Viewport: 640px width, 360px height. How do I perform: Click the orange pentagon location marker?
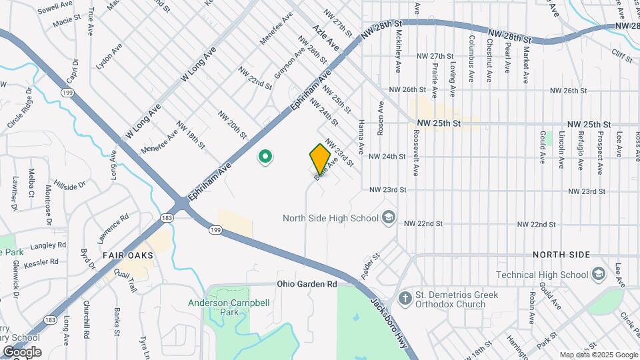click(320, 158)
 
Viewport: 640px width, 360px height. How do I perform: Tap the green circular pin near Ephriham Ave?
click(265, 157)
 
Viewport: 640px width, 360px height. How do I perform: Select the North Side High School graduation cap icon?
click(389, 217)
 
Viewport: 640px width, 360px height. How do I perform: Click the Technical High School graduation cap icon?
click(598, 275)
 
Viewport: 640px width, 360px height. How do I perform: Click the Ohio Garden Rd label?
click(307, 284)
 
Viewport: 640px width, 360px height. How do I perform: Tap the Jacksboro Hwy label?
click(381, 313)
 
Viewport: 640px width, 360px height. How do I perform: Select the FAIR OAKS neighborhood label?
click(127, 255)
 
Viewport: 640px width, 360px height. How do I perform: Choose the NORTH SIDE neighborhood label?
click(561, 255)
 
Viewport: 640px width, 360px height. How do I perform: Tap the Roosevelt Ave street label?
click(415, 152)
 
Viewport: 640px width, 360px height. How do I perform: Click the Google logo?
click(22, 351)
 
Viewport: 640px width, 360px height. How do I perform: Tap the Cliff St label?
click(623, 56)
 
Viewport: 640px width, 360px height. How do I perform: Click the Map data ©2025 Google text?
click(598, 355)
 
